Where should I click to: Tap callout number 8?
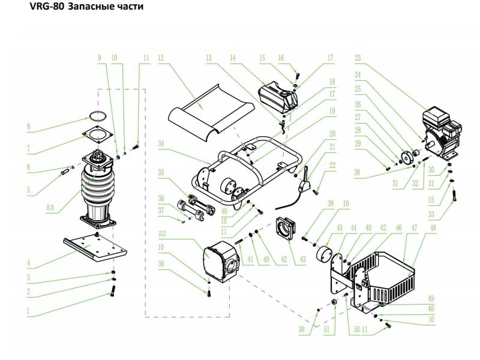click(28, 127)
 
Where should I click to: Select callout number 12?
click(161, 58)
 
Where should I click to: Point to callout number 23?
click(358, 58)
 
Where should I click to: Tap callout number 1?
click(28, 311)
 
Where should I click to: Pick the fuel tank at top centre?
click(279, 94)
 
